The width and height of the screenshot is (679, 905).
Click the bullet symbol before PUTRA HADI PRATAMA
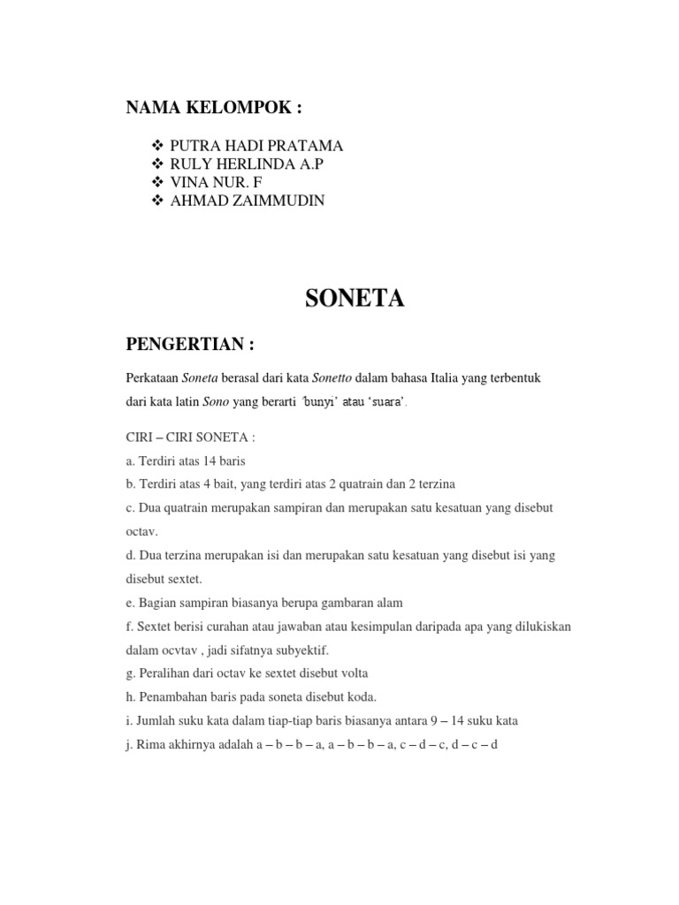pyautogui.click(x=158, y=146)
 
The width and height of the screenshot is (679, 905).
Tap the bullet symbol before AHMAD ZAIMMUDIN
pyautogui.click(x=158, y=202)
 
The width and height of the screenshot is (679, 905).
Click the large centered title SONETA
pyautogui.click(x=355, y=300)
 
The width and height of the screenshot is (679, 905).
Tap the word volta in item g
pyautogui.click(x=353, y=673)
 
